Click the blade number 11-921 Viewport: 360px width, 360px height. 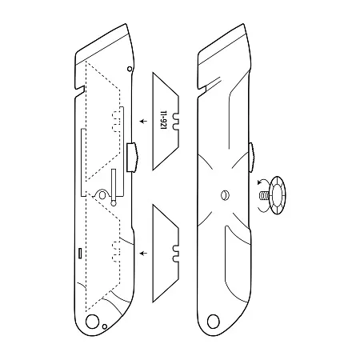[163, 120]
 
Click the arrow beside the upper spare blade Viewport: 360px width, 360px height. [143, 122]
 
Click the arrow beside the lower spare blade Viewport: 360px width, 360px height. [143, 253]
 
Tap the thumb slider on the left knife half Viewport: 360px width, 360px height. [132, 158]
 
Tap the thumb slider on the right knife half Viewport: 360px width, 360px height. [251, 158]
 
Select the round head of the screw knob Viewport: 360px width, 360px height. [278, 195]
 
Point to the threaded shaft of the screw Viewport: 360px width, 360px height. [264, 196]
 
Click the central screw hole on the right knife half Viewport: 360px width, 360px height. [225, 195]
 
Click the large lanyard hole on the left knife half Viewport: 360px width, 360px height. [92, 321]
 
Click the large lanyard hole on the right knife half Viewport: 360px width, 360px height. [214, 321]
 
